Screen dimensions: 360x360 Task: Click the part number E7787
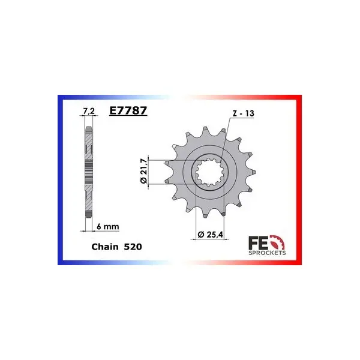pos(128,110)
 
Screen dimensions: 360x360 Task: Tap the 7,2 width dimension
pos(89,112)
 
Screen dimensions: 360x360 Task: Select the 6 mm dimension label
pos(108,227)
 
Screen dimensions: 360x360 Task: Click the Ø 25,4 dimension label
pos(211,235)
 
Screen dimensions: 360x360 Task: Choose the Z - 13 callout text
pos(244,113)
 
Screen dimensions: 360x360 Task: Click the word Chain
pos(105,247)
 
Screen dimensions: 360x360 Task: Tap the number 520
pos(133,247)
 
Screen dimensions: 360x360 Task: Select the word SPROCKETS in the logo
pos(267,253)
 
